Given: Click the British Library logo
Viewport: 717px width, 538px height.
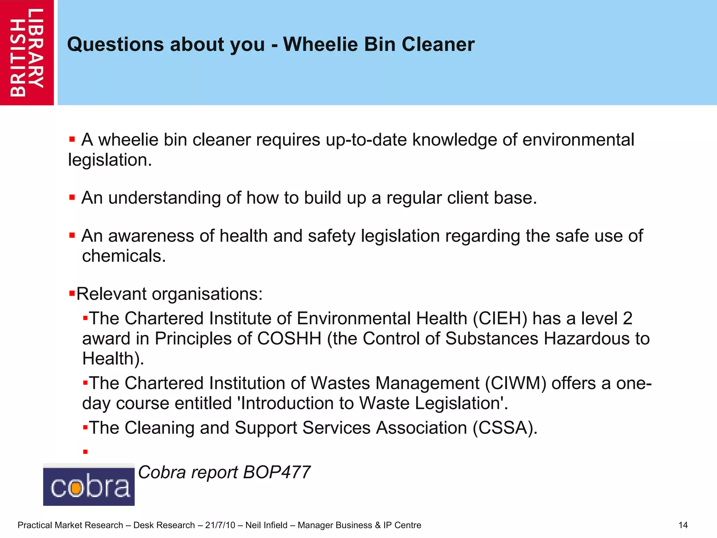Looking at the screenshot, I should (x=27, y=53).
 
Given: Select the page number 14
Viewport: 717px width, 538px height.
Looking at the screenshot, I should (x=683, y=525).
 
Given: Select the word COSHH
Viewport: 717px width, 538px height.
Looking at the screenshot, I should (x=289, y=339).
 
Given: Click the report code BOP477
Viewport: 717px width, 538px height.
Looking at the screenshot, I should (x=276, y=472).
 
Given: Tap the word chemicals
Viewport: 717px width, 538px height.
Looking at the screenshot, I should (x=124, y=256).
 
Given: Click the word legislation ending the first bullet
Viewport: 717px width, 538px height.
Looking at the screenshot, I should (x=110, y=160).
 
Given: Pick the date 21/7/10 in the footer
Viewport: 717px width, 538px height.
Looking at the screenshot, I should (x=220, y=525).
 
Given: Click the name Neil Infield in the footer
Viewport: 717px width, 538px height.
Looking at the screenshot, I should (x=266, y=525).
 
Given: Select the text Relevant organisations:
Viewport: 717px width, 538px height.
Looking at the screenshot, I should (x=169, y=294).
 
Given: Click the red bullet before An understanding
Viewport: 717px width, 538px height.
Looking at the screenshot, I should (x=72, y=198).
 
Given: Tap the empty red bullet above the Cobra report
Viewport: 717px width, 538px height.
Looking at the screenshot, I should (x=85, y=452).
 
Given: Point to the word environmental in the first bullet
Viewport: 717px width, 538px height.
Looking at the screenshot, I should (x=578, y=140).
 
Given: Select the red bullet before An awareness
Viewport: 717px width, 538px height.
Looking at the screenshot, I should (x=72, y=235).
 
